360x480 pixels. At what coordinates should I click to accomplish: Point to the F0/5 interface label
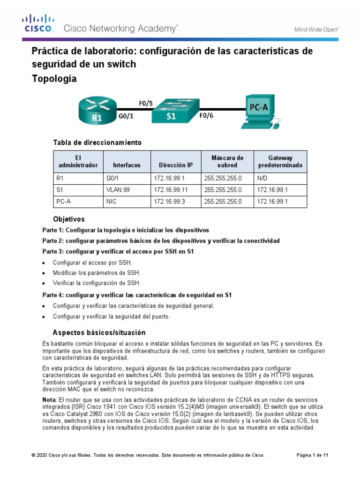click(146, 103)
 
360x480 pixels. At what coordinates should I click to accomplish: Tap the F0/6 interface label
click(206, 116)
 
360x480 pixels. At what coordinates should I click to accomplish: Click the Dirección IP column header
click(176, 165)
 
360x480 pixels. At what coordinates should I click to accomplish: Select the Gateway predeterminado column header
click(280, 162)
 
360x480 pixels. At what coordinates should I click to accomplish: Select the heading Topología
click(54, 79)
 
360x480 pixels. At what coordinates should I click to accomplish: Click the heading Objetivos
click(68, 219)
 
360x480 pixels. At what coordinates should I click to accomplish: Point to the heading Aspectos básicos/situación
click(99, 332)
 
